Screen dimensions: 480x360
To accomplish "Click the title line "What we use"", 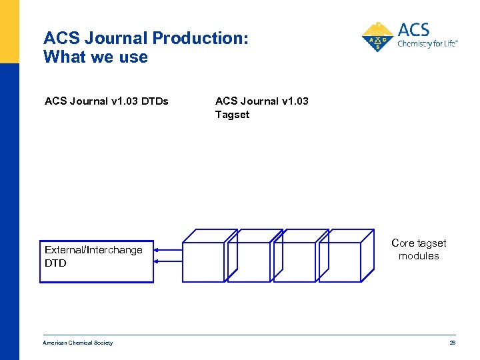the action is tap(95, 57).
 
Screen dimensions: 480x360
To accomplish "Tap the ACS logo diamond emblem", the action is tap(378, 38).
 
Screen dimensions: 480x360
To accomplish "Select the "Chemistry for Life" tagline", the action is tap(427, 45).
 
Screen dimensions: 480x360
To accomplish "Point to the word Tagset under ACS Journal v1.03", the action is tap(232, 115).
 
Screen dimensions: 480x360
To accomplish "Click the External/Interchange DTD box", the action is tap(96, 261).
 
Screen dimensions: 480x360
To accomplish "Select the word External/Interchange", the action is tap(93, 250).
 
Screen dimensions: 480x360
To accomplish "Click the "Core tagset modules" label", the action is tap(419, 249).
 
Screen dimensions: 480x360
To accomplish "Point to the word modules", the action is tap(419, 256).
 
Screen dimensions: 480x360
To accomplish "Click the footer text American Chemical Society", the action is tap(78, 343).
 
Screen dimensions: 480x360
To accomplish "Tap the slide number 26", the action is tap(453, 343).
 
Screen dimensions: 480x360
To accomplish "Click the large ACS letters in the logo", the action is tap(413, 29).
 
